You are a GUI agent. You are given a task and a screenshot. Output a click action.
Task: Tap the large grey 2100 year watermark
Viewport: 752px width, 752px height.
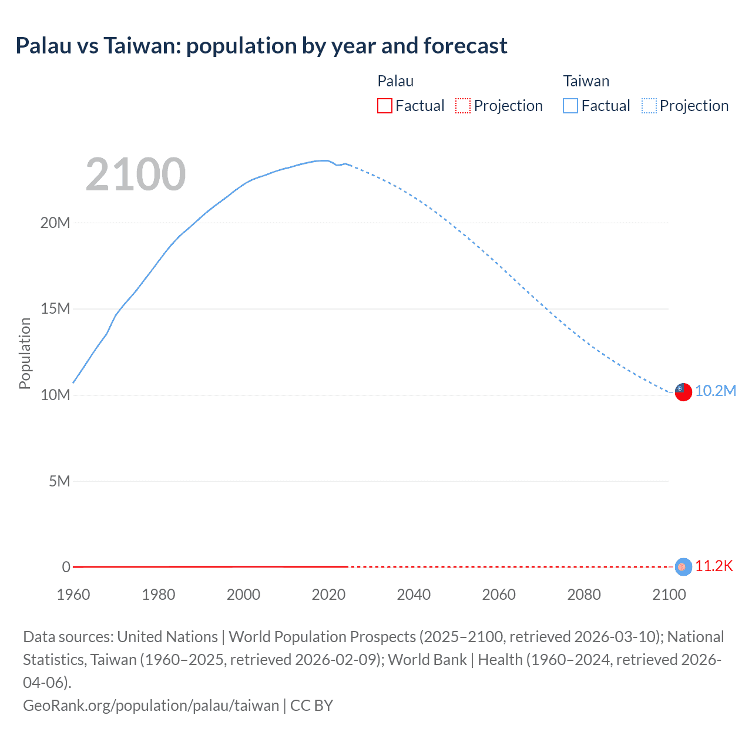point(136,174)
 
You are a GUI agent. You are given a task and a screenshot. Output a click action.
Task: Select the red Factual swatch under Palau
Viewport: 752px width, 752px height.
point(384,106)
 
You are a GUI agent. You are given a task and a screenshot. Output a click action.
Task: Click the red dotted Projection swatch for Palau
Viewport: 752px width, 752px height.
point(463,106)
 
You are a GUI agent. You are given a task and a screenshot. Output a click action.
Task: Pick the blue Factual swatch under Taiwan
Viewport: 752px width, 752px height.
point(570,106)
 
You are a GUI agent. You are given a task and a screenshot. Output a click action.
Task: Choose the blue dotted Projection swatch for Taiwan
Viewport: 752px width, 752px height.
point(649,106)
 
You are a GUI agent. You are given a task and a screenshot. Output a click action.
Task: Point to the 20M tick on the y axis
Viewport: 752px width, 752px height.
point(55,223)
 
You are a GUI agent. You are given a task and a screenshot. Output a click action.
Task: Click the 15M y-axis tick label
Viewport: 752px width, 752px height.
point(55,308)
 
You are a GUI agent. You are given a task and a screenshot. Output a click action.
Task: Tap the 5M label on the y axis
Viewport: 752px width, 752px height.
point(59,481)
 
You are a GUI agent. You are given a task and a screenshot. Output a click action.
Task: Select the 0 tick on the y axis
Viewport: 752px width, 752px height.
point(66,567)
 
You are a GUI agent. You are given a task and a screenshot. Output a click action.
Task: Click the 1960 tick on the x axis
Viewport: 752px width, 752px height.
point(73,595)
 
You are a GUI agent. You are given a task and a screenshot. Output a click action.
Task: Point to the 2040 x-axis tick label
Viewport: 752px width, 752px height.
point(414,595)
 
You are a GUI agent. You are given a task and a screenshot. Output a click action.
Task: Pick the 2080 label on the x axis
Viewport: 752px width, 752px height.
point(584,595)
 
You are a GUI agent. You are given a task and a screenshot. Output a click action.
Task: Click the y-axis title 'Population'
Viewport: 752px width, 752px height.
point(25,353)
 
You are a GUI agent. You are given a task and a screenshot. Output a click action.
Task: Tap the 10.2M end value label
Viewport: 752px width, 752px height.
point(715,391)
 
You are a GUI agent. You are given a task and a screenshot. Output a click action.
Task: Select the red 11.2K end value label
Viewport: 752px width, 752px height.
point(714,566)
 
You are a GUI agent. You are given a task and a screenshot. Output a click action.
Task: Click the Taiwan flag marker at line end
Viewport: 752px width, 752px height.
point(683,392)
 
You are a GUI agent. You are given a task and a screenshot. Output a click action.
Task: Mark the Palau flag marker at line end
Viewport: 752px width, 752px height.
point(683,566)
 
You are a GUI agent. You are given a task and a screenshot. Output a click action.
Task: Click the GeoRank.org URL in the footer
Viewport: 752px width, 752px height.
point(151,705)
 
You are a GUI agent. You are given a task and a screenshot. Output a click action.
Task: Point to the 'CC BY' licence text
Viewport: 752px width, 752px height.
point(311,705)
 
